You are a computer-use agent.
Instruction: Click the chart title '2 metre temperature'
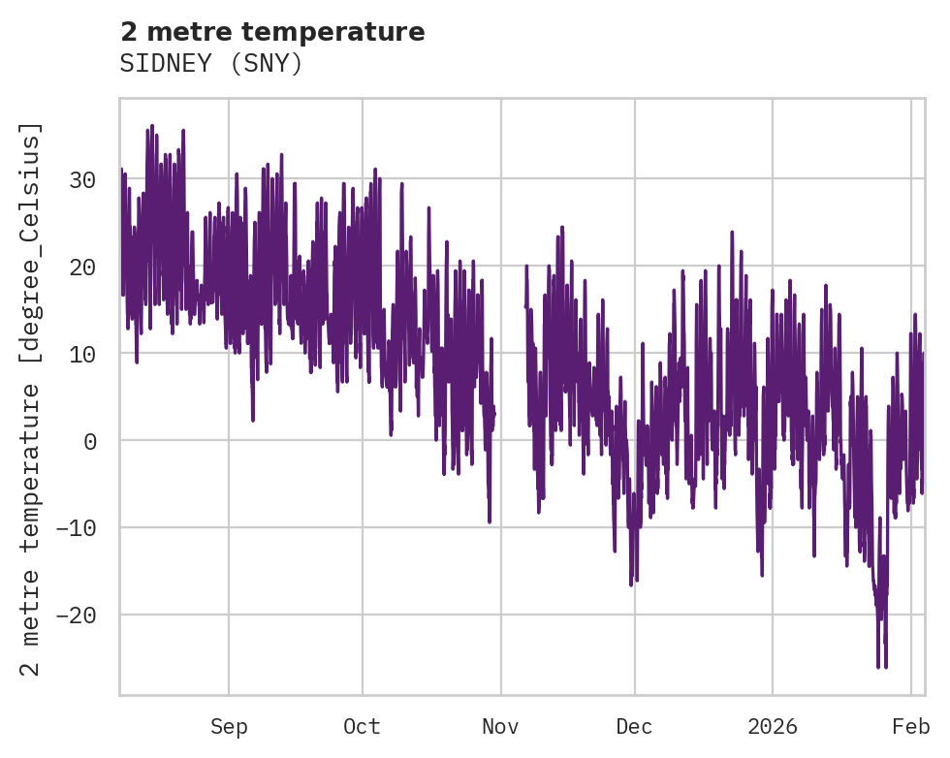tap(272, 32)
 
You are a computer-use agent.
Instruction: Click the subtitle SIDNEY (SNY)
tap(211, 63)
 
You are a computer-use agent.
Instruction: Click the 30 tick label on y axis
tap(82, 179)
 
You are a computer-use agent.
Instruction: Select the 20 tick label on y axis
tap(82, 267)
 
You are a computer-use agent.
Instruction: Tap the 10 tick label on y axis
tap(82, 354)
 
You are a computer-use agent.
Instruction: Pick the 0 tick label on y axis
tap(89, 441)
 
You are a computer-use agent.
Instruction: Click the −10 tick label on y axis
tap(77, 528)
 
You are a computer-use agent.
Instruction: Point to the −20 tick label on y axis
tap(77, 616)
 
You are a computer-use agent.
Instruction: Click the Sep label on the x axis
tap(229, 727)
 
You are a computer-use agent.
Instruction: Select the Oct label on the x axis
tap(362, 727)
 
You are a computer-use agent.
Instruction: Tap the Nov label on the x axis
tap(500, 727)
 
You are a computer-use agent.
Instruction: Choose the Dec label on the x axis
tap(634, 727)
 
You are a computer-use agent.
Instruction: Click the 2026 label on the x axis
tap(773, 727)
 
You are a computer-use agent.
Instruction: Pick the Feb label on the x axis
tap(911, 727)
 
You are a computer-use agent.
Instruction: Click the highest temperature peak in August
tap(152, 126)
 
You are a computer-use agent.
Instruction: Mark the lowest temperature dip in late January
tap(885, 666)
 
